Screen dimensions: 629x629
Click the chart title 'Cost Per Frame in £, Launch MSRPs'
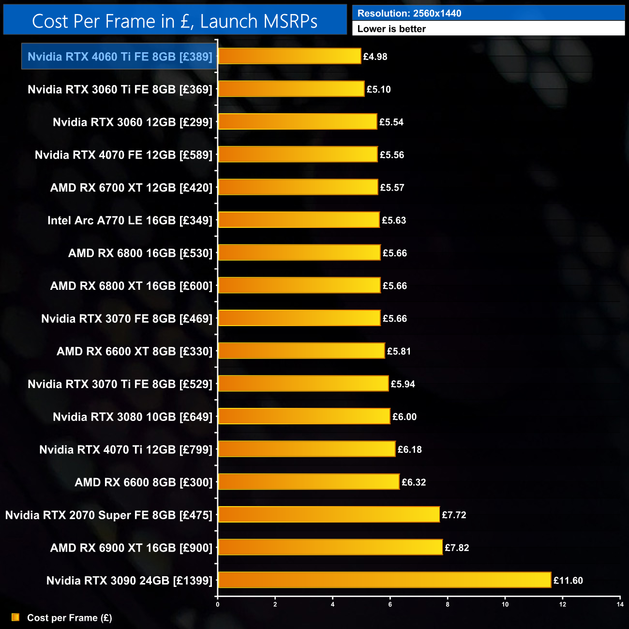coord(175,21)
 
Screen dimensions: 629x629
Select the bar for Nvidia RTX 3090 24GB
coord(385,580)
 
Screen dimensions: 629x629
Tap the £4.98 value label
coord(375,57)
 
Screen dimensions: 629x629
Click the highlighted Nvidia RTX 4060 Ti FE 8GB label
coord(120,57)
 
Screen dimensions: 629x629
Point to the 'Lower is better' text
coord(391,29)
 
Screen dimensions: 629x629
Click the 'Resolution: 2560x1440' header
coord(409,14)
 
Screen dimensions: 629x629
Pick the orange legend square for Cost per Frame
coord(15,617)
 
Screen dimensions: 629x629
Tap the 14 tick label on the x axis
coord(620,604)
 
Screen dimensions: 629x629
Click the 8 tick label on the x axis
coord(448,604)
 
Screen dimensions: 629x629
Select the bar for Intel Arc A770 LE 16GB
coord(299,220)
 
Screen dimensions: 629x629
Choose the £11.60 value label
coord(568,580)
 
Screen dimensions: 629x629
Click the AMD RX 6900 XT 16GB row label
coord(131,548)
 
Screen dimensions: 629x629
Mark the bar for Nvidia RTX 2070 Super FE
coord(329,514)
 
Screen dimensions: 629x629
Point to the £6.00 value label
coord(404,417)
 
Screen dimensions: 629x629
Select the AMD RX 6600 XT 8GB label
coord(135,351)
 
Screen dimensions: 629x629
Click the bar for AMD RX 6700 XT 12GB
coord(298,187)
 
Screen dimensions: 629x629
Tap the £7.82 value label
coord(457,548)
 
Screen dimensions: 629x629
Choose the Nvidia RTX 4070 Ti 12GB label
coord(126,449)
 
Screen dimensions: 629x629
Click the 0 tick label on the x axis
coord(218,604)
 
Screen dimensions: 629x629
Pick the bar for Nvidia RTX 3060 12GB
coord(298,121)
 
